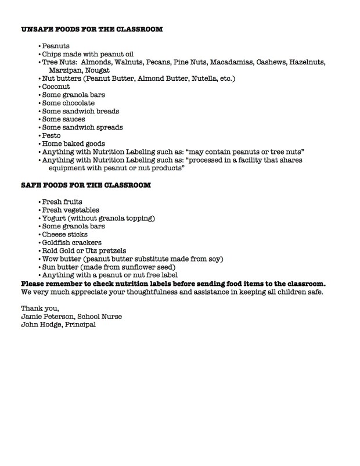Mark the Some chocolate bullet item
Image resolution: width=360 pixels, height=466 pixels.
point(68,103)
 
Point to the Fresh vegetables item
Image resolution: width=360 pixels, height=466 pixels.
point(70,210)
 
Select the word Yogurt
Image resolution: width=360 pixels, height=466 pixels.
point(55,218)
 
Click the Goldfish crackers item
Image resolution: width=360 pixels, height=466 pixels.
point(72,242)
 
